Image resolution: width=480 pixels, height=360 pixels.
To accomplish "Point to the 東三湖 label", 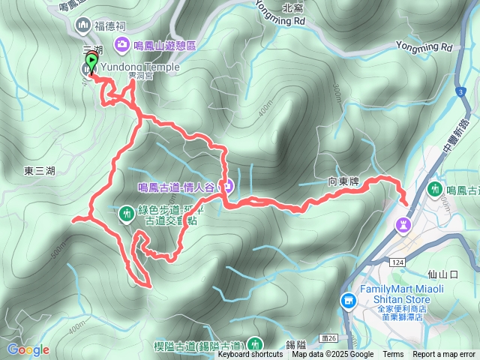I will coord(39,171).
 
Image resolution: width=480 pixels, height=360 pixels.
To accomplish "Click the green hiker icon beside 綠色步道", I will coord(125,214).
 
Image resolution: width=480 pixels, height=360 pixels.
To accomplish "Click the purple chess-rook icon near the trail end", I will coord(403,223).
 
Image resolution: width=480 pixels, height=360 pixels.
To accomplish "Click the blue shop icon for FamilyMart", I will coord(348,301).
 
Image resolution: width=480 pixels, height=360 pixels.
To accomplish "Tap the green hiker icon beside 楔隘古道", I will coord(256,344).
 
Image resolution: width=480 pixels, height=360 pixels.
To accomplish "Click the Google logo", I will coord(28,349).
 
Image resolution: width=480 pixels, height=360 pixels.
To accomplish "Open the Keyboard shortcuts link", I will coord(251,355).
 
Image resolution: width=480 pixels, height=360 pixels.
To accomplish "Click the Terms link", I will coord(393,355).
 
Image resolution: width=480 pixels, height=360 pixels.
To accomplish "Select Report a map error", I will coord(445,355).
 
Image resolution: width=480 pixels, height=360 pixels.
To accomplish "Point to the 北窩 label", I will coord(292,9).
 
